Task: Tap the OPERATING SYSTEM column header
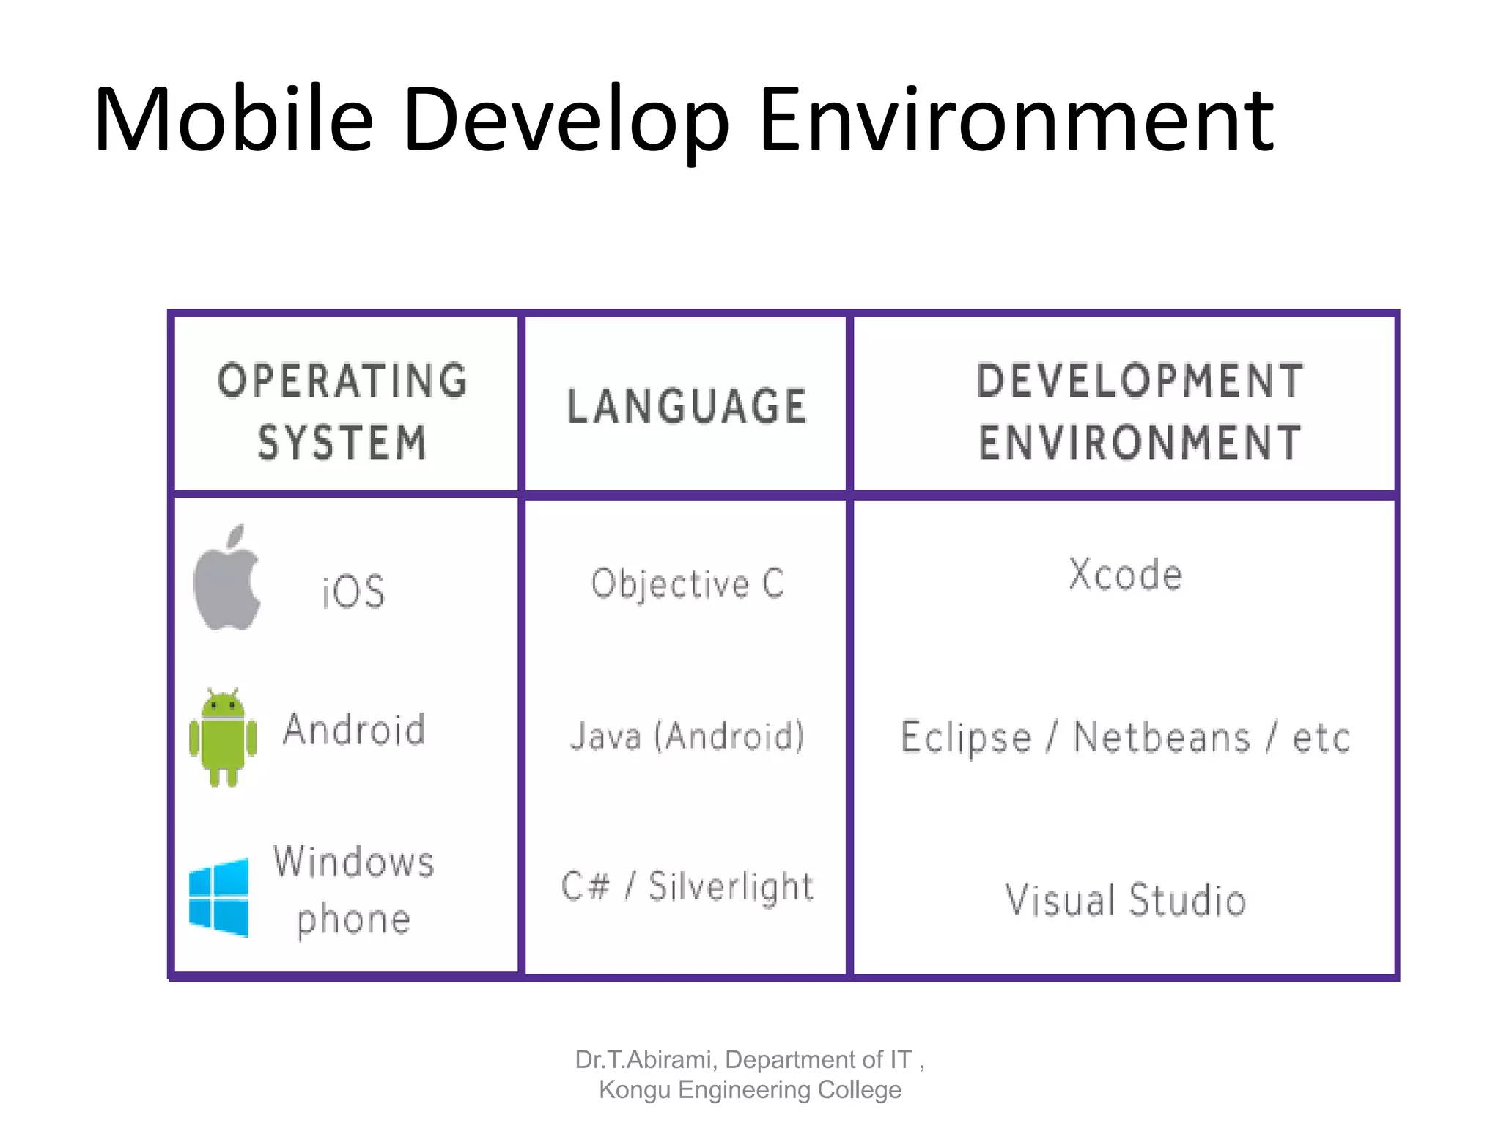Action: tap(342, 411)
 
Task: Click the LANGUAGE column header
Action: tap(687, 406)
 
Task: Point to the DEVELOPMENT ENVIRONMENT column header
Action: tap(1140, 411)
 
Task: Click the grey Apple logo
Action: tap(227, 579)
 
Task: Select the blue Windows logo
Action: tap(219, 897)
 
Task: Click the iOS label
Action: tap(353, 591)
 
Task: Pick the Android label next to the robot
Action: tap(354, 730)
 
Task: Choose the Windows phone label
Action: tap(354, 890)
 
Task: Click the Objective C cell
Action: tap(687, 584)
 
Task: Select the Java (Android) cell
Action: tap(687, 736)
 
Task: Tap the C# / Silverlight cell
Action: tap(687, 886)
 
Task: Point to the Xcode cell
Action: tap(1125, 574)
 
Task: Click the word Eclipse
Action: tap(966, 737)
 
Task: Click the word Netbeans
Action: tap(1162, 737)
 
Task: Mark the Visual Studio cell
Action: tap(1125, 900)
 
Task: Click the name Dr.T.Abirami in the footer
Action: tap(643, 1060)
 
